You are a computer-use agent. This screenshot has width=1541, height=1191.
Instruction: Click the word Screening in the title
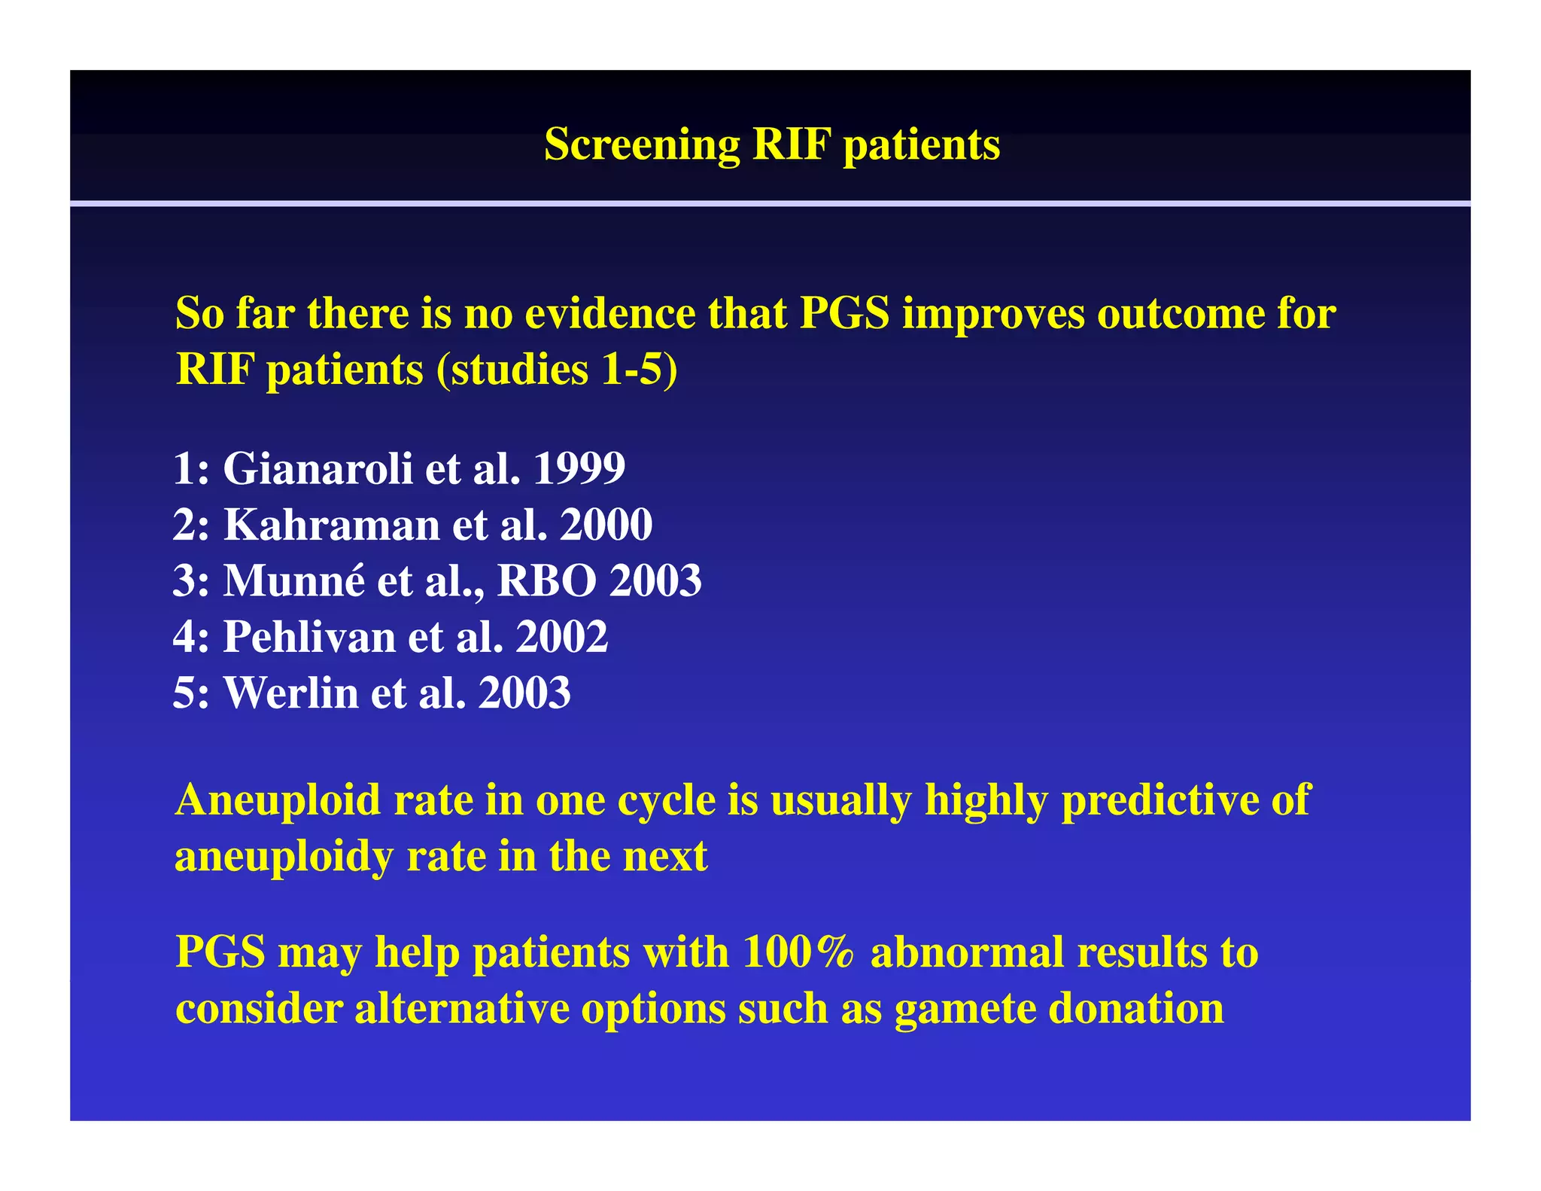coord(641,145)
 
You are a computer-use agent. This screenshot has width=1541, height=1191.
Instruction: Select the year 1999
coord(579,468)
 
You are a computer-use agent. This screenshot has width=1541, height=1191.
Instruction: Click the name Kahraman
coord(331,525)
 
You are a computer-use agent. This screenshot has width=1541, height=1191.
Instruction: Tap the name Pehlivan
coord(309,637)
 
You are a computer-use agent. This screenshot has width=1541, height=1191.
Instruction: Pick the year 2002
coord(561,637)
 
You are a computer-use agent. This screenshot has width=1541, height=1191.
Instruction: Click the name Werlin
coord(290,693)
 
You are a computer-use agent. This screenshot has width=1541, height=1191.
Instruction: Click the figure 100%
coord(798,952)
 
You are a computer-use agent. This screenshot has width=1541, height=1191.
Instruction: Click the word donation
coord(1136,1009)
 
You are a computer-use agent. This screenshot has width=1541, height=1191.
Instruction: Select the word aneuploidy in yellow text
coord(284,857)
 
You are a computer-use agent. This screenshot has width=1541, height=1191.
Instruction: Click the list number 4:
coord(190,637)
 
